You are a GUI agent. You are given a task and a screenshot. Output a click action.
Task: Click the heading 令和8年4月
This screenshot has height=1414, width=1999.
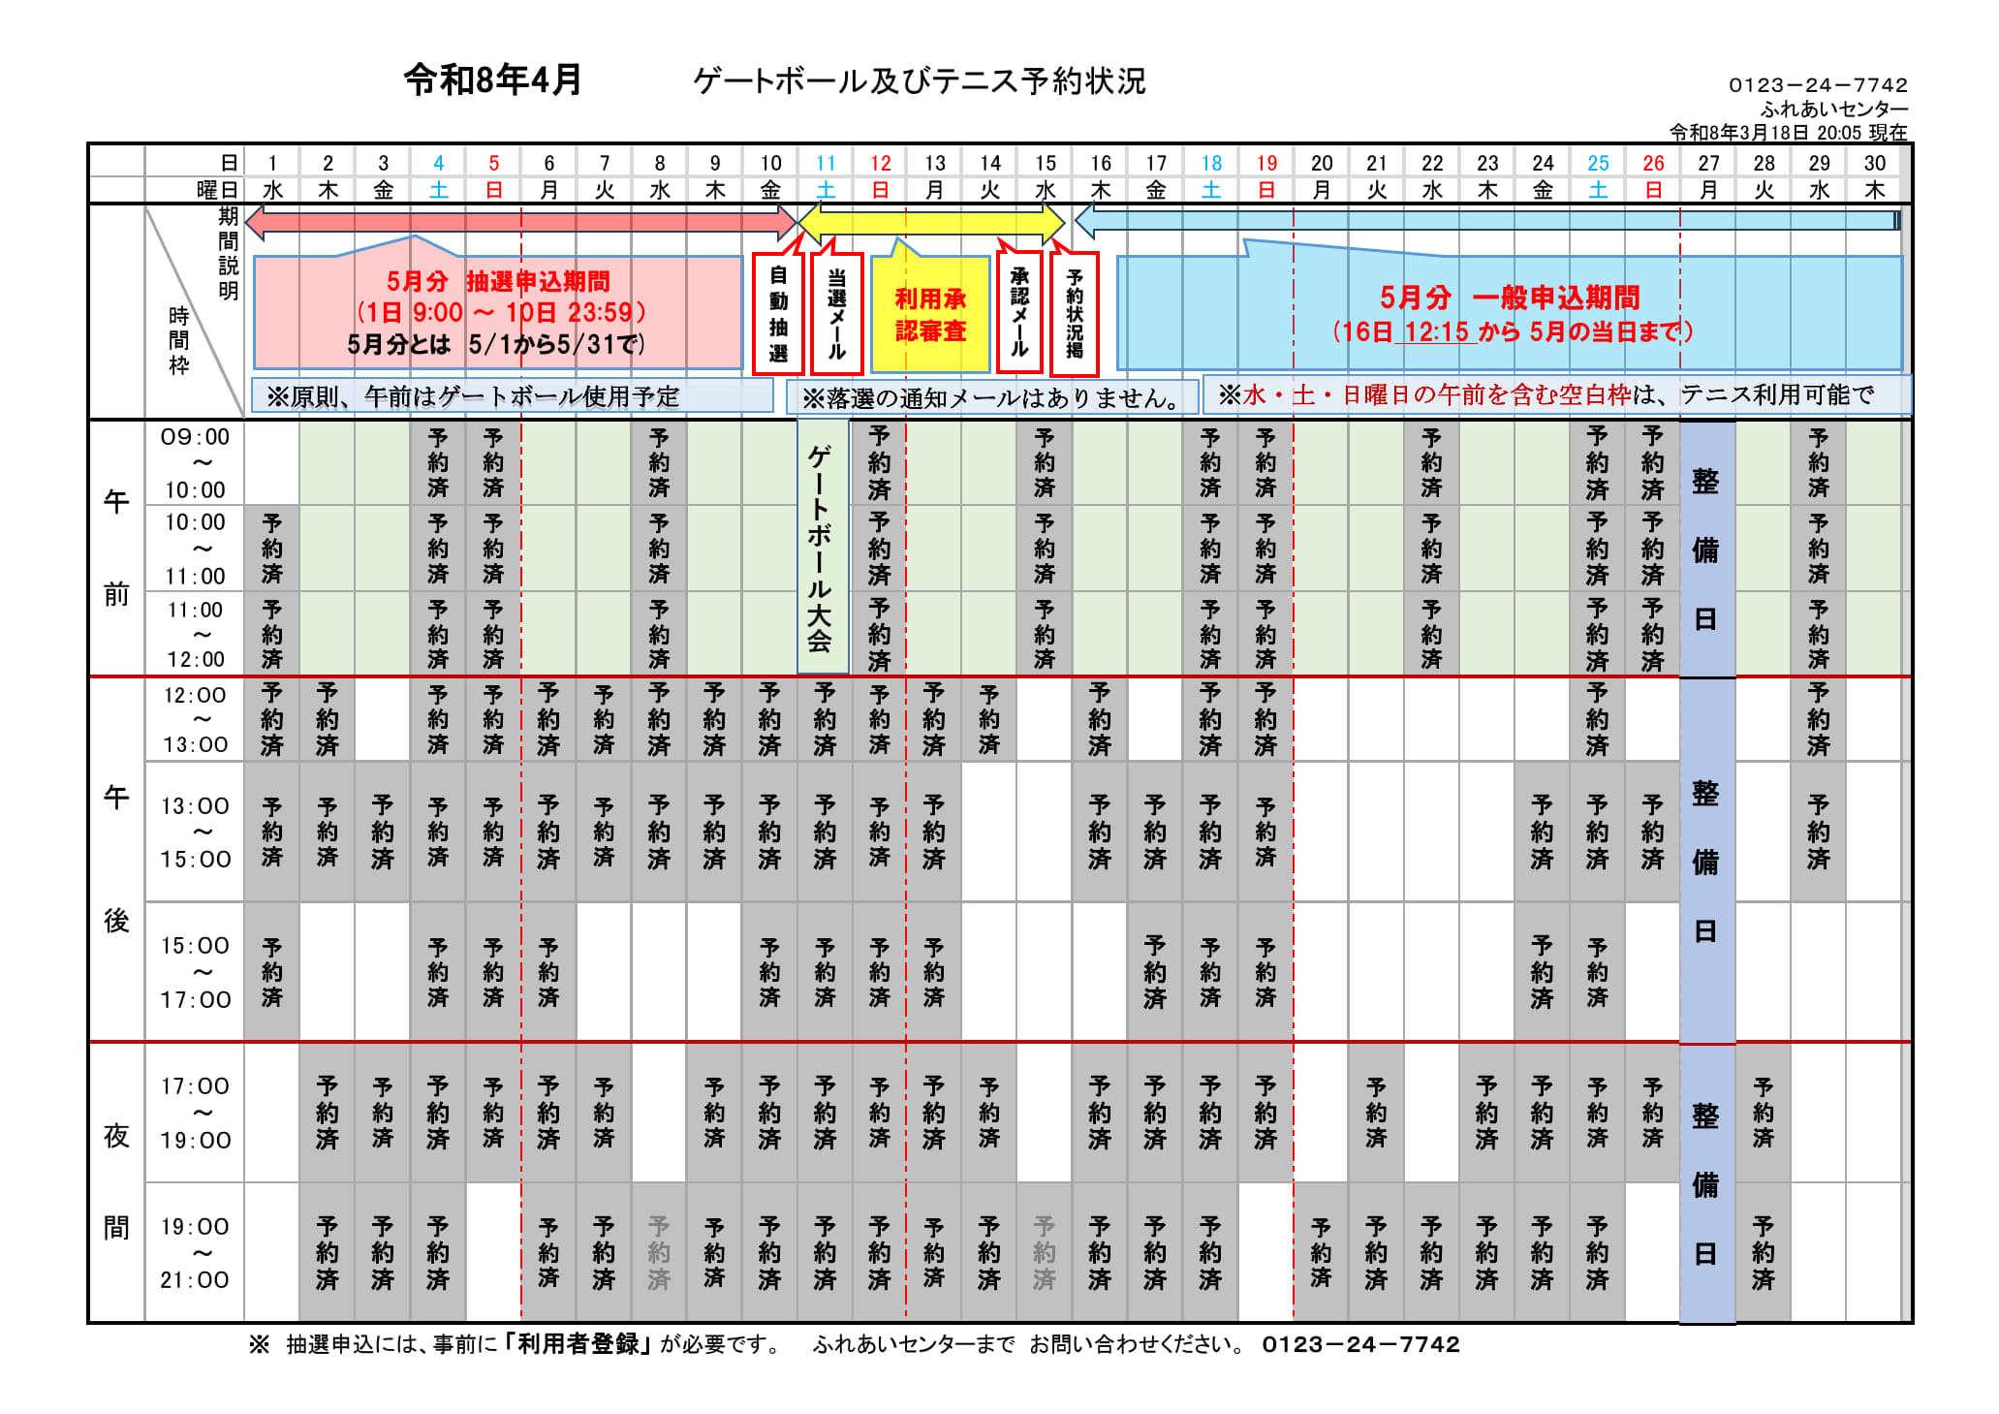pos(492,79)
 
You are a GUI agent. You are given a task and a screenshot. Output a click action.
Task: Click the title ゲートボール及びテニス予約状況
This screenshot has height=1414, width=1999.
pos(920,81)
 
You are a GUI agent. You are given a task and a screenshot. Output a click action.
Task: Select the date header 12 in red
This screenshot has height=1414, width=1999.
pos(880,163)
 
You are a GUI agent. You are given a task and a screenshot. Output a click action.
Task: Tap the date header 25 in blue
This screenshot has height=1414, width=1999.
pos(1598,163)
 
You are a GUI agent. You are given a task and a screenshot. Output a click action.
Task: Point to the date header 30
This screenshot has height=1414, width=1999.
pos(1874,163)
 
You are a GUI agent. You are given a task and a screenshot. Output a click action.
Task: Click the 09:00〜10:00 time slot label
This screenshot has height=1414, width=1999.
pos(195,463)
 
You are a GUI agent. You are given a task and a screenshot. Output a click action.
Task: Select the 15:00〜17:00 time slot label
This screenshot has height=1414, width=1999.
pos(195,972)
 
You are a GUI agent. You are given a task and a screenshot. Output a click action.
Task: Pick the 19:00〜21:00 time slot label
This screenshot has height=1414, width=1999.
pos(195,1253)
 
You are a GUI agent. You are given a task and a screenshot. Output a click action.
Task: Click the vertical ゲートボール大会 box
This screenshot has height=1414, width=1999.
pos(822,548)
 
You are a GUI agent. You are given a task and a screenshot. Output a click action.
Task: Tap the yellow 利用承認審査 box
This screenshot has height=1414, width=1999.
pos(930,315)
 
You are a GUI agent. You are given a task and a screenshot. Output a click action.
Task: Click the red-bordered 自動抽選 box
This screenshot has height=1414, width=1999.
pos(778,313)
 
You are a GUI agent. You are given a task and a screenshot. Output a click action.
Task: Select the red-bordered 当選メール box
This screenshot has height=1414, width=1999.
pos(836,313)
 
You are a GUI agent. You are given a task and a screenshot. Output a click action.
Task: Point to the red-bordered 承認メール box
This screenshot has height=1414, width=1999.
pos(1019,312)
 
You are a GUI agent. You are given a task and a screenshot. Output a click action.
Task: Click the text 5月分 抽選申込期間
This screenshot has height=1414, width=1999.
pos(498,282)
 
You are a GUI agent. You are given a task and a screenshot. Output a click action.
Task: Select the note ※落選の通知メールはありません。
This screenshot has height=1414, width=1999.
pos(991,397)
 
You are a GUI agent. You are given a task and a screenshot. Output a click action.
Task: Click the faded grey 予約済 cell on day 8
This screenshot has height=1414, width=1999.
pos(659,1253)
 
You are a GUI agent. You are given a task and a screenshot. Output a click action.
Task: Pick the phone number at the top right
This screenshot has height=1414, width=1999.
pos(1818,85)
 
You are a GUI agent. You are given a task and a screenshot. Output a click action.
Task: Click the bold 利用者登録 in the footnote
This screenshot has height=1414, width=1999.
pos(578,1344)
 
